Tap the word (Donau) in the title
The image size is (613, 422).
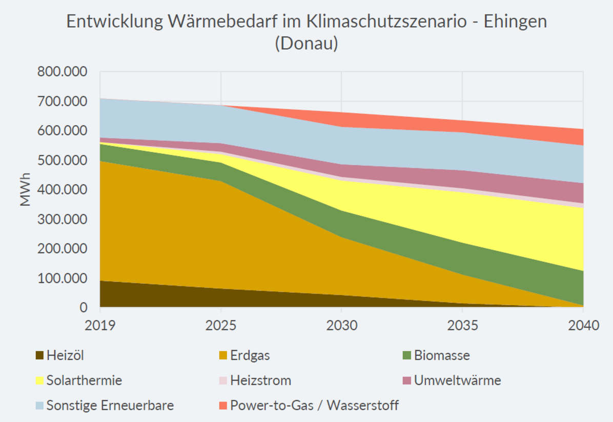click(x=306, y=43)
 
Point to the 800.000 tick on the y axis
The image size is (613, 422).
click(x=62, y=72)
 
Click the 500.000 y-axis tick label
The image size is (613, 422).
click(x=62, y=160)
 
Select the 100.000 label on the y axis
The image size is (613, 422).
click(x=62, y=278)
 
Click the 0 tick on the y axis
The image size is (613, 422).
click(x=83, y=308)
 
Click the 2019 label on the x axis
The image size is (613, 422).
click(x=100, y=326)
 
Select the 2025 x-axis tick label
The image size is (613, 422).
click(x=221, y=326)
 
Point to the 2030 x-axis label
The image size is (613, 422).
click(x=341, y=326)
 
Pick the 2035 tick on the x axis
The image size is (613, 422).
click(x=462, y=326)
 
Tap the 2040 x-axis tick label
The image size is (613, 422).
click(x=583, y=326)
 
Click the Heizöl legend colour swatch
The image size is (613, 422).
click(x=39, y=355)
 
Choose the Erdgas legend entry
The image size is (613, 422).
click(x=250, y=355)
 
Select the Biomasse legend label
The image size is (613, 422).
click(x=442, y=355)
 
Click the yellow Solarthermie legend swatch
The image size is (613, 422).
click(x=39, y=380)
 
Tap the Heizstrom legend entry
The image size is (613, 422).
click(x=260, y=380)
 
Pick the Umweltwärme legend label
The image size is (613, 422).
click(x=457, y=380)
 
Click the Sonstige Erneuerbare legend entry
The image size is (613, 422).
click(x=110, y=406)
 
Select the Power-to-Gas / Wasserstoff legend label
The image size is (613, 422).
click(x=314, y=406)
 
